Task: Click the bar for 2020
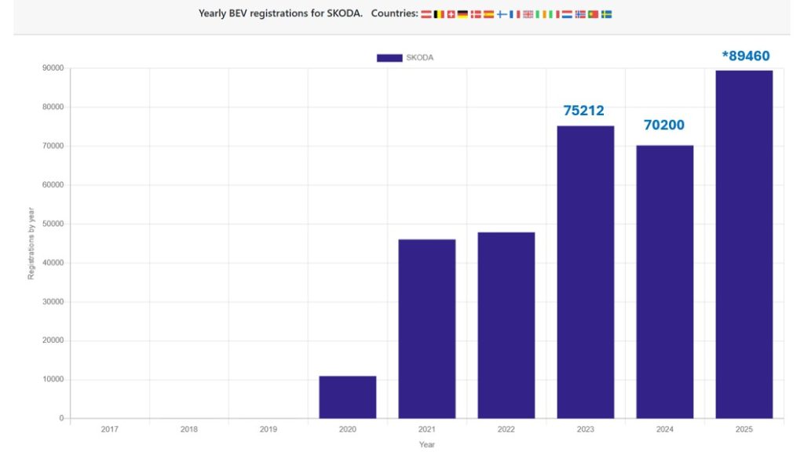pyautogui.click(x=347, y=397)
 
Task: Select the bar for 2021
pyautogui.click(x=426, y=329)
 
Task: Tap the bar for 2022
pyautogui.click(x=506, y=325)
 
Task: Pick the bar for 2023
pyautogui.click(x=586, y=271)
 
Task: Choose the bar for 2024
pyautogui.click(x=665, y=282)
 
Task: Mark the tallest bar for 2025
pyautogui.click(x=744, y=244)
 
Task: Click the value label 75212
pyautogui.click(x=583, y=111)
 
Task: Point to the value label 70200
pyautogui.click(x=663, y=125)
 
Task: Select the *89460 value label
pyautogui.click(x=745, y=56)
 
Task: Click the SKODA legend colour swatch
pyautogui.click(x=389, y=57)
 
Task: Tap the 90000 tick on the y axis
pyautogui.click(x=53, y=68)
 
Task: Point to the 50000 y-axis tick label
pyautogui.click(x=53, y=224)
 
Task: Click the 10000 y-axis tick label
pyautogui.click(x=53, y=380)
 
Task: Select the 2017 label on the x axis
pyautogui.click(x=110, y=429)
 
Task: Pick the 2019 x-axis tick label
pyautogui.click(x=269, y=429)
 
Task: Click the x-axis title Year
pyautogui.click(x=426, y=445)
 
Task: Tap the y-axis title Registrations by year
pyautogui.click(x=31, y=243)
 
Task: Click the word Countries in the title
pyautogui.click(x=394, y=13)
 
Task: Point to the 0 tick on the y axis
pyautogui.click(x=60, y=418)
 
